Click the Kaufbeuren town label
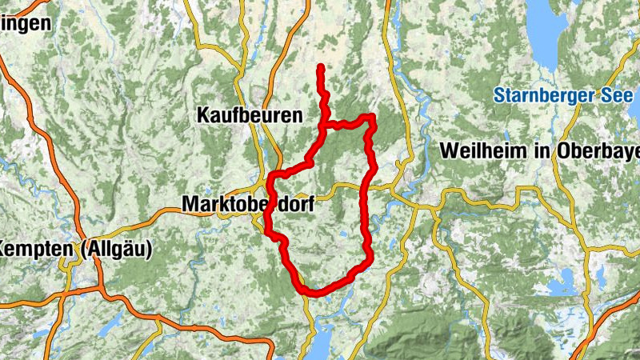[250, 115]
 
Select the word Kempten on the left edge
[37, 249]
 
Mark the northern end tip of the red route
[320, 67]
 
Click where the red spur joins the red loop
[323, 126]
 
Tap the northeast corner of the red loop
[371, 118]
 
